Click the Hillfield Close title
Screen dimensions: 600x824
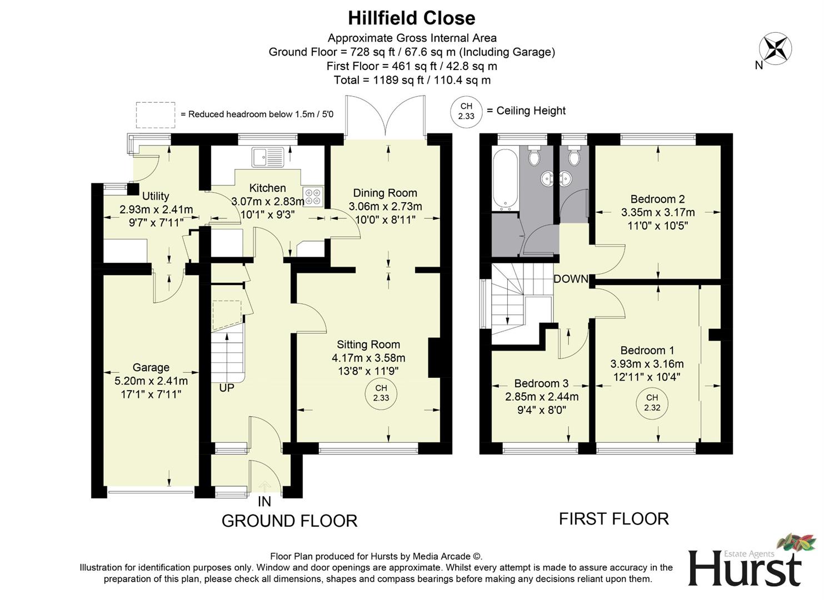[x=411, y=18]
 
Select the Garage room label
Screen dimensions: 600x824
[x=151, y=367]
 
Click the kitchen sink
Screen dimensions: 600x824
[x=268, y=157]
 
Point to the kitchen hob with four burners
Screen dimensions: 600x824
[x=312, y=196]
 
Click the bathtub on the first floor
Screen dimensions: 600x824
[x=505, y=179]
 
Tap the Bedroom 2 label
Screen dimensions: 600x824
[x=657, y=199]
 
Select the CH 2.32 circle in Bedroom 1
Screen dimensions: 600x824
[x=652, y=403]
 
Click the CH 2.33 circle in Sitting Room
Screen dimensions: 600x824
[x=381, y=393]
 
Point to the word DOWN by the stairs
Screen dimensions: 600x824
[x=571, y=279]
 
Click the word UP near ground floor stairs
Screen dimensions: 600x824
[x=226, y=388]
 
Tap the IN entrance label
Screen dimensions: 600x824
[x=264, y=502]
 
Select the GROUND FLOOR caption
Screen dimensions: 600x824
[x=289, y=521]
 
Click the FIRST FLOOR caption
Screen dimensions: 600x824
[x=613, y=519]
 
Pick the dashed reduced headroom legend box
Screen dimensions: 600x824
[x=156, y=114]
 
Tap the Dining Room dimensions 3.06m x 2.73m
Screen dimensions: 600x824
[x=385, y=207]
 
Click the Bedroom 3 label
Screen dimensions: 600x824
[x=541, y=383]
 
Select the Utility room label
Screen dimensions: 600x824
[x=156, y=196]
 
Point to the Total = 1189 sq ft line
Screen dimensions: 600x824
[x=412, y=80]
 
